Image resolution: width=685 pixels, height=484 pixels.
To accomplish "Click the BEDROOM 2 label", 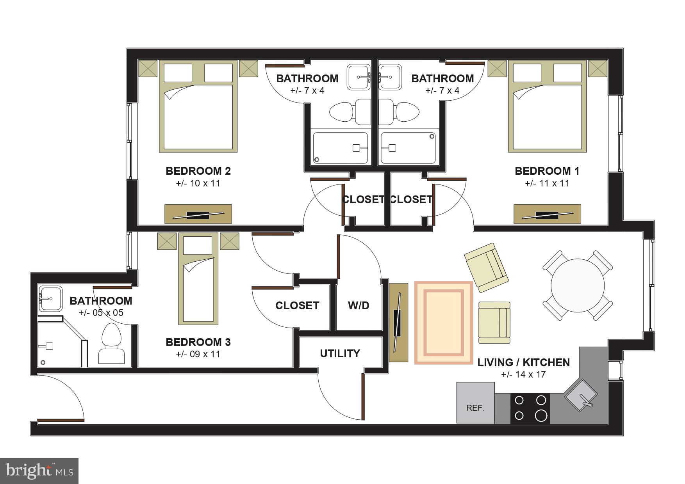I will coord(198,171).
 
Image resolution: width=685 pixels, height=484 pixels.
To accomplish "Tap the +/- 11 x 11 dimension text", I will coord(547,183).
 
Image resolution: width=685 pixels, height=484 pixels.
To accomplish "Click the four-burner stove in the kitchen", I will coord(530,408).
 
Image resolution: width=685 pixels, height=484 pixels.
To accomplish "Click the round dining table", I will coord(578,285).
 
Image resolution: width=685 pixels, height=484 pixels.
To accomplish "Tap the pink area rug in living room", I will coord(444,323).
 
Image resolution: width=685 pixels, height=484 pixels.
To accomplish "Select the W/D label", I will coord(359,305).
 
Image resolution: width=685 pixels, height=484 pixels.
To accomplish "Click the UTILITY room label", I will coord(340,353).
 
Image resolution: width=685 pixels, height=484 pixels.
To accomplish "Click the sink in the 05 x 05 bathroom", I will coord(50,299).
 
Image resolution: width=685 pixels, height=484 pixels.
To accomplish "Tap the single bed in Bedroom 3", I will coord(198,279).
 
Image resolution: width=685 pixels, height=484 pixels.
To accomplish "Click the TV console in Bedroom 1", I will coord(547,214).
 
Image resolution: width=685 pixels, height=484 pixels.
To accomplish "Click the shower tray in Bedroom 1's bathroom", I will coord(408,148).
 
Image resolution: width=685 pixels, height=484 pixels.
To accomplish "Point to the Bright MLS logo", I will coord(39,471).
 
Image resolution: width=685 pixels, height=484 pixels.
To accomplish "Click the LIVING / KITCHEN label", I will coord(523,362).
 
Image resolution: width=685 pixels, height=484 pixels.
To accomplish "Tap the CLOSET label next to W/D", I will coord(297,305).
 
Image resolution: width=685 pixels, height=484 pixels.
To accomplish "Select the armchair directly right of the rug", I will coord(494,323).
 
